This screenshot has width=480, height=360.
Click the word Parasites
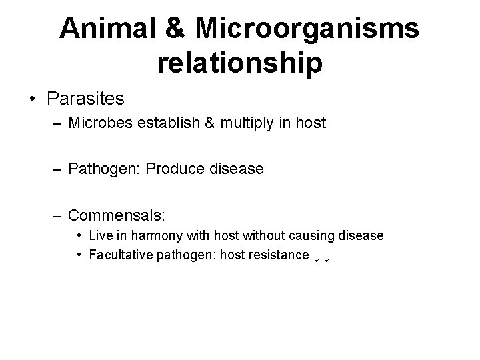[86, 99]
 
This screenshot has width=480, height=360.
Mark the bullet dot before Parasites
[31, 100]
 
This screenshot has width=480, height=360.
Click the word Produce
[172, 169]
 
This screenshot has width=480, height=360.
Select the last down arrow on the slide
[328, 256]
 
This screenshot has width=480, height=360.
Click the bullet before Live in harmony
[79, 235]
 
